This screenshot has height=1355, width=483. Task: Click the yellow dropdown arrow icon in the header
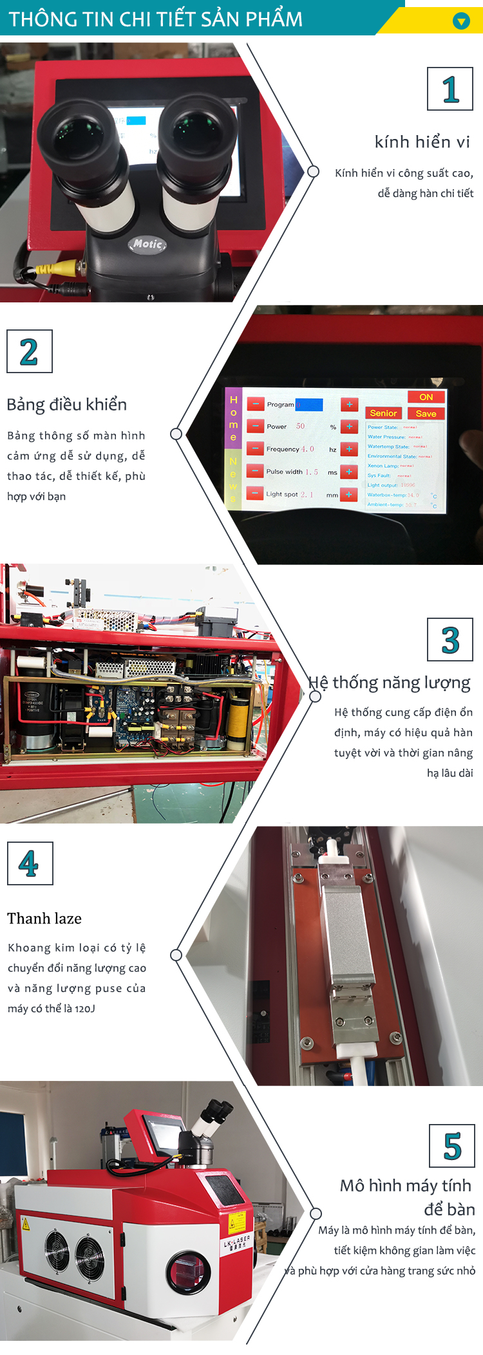pyautogui.click(x=461, y=21)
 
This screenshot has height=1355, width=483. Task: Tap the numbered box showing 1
pyautogui.click(x=450, y=89)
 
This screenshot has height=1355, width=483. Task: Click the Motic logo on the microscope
pyautogui.click(x=147, y=244)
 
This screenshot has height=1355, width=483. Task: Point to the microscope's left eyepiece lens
pyautogui.click(x=78, y=133)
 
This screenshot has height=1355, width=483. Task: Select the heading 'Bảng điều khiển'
pyautogui.click(x=67, y=405)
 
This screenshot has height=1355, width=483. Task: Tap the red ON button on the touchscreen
pyautogui.click(x=426, y=397)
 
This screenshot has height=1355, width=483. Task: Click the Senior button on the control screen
pyautogui.click(x=383, y=413)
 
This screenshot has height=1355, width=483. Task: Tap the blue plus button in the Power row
pyautogui.click(x=349, y=427)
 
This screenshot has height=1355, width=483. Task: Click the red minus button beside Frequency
pyautogui.click(x=255, y=448)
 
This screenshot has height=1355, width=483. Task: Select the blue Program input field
pyautogui.click(x=309, y=405)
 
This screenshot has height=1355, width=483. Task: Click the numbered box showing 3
pyautogui.click(x=450, y=640)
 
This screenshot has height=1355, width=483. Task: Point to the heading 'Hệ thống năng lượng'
pyautogui.click(x=389, y=683)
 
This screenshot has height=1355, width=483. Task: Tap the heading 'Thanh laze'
pyautogui.click(x=44, y=919)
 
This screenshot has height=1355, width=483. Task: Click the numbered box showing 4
pyautogui.click(x=30, y=863)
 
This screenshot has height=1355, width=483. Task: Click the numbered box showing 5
pyautogui.click(x=452, y=1146)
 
